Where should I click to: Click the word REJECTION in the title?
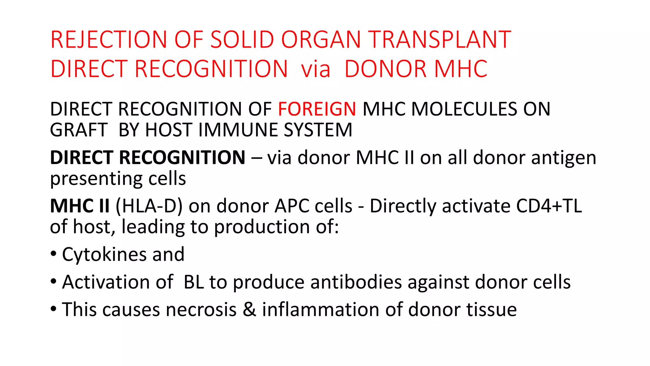[109, 40]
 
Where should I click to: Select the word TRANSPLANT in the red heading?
[440, 40]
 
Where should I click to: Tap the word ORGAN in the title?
[321, 40]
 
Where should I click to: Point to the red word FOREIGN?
[317, 109]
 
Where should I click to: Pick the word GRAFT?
[79, 130]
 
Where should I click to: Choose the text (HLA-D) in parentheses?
[149, 206]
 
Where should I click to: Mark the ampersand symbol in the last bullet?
[249, 310]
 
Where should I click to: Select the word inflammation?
[321, 310]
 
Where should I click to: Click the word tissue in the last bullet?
[491, 310]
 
